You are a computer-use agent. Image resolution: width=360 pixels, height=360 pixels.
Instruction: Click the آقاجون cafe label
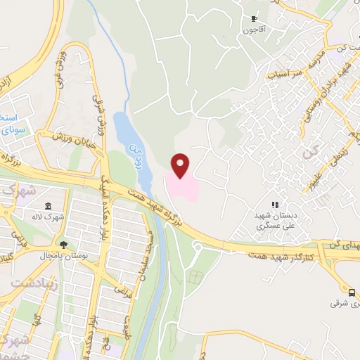click(x=252, y=30)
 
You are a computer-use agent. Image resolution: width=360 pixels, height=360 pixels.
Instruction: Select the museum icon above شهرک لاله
click(x=48, y=206)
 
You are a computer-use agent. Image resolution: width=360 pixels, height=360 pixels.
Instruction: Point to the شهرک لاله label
click(x=49, y=217)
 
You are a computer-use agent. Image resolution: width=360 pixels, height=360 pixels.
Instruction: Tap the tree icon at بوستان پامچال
click(x=64, y=245)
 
